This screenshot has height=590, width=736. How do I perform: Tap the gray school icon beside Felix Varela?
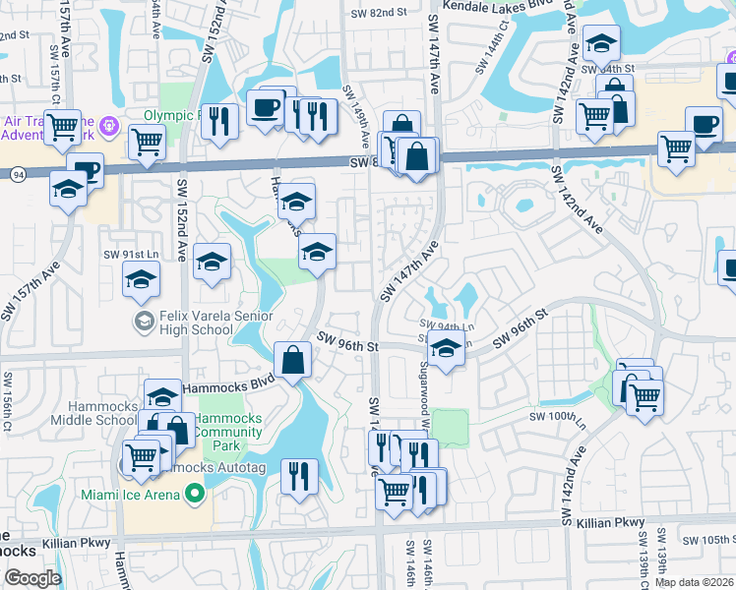[144, 321]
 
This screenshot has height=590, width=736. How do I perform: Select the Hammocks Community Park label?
[227, 431]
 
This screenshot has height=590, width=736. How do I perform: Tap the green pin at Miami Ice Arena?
[195, 494]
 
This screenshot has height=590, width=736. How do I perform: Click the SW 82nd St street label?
[379, 13]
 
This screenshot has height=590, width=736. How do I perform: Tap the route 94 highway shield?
[19, 173]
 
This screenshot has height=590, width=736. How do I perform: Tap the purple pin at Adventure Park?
[108, 125]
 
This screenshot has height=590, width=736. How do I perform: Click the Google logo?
[32, 578]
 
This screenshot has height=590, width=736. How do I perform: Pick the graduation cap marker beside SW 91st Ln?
[142, 278]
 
